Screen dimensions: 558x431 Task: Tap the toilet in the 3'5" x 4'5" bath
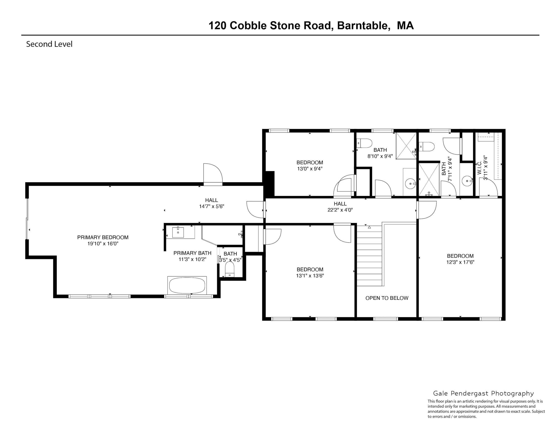pos(229,269)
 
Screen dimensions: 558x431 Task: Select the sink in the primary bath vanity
pos(178,232)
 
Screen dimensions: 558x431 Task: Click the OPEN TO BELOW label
pos(387,298)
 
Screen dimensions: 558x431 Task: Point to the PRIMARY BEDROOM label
pos(103,237)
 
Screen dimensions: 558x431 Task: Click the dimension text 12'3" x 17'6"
pos(460,262)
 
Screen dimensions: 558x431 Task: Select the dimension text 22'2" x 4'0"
pos(340,210)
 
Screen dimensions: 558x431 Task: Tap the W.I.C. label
pos(479,168)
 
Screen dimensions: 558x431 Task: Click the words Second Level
pos(49,44)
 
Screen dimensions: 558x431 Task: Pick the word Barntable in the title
pos(364,26)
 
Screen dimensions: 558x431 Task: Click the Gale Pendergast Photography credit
pos(483,393)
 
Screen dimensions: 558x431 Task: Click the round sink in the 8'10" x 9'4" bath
pos(410,184)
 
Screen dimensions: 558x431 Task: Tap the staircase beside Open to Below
pos(369,255)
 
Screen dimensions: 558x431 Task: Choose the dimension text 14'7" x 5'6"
pos(212,206)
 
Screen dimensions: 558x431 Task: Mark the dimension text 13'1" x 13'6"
pos(310,276)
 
